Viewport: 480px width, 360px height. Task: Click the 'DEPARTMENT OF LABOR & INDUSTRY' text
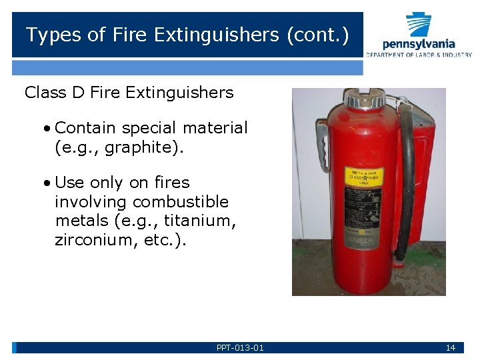419,55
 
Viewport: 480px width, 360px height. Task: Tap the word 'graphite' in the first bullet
139,147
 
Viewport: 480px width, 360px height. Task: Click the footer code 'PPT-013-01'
240,347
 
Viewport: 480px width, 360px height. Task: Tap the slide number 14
450,347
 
